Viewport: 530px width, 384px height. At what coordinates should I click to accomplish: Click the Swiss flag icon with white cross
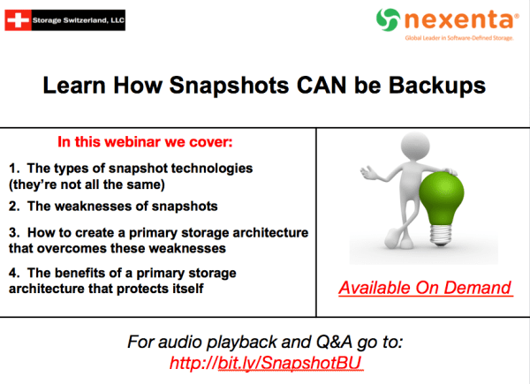point(19,18)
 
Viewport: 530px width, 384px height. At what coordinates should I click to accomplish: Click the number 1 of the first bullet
point(12,168)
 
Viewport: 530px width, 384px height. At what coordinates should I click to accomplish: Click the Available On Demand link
point(426,288)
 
